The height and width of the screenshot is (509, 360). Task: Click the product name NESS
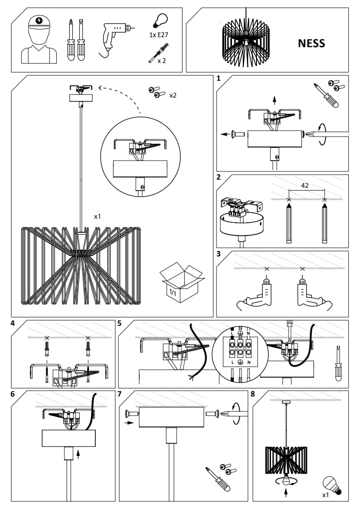[311, 43]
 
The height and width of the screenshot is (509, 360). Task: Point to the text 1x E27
[158, 35]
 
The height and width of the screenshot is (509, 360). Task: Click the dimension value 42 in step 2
[305, 186]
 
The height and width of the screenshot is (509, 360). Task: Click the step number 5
[119, 323]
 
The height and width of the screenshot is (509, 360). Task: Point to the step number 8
[254, 394]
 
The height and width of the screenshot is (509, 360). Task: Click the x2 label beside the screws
[173, 96]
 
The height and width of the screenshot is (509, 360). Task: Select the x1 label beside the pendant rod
[97, 217]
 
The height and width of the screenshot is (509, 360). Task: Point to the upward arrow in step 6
[79, 452]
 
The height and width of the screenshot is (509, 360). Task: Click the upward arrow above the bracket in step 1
[274, 100]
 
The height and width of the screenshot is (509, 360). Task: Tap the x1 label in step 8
[325, 495]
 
